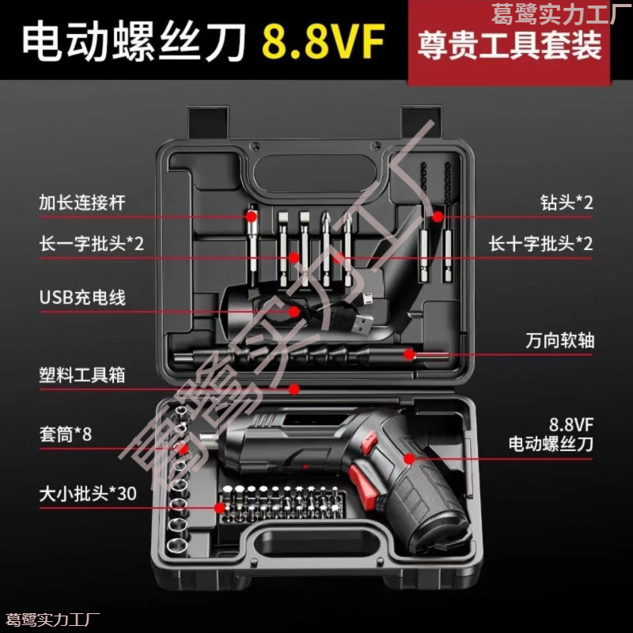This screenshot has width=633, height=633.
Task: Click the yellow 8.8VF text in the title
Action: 324,41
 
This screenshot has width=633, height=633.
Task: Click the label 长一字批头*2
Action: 92,243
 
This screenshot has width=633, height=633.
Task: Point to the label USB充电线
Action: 82,298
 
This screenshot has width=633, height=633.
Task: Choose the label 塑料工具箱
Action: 82,374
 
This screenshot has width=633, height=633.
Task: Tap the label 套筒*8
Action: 66,434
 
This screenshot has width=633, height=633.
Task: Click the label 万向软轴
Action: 559,341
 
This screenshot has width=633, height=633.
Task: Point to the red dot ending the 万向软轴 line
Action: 408,353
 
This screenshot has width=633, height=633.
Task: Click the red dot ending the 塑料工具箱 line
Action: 294,389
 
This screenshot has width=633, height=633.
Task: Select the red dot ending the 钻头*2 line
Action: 436,215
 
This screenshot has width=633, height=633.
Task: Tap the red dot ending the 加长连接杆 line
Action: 252,215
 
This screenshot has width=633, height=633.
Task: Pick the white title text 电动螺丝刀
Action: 135,42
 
